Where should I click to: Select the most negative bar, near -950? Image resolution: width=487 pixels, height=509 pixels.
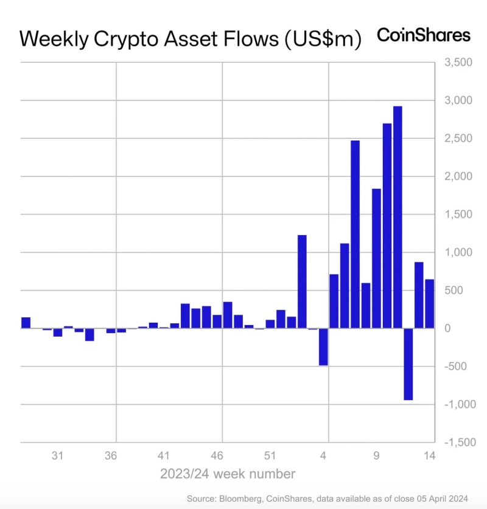408,363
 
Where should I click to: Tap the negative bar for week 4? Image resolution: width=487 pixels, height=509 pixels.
323,346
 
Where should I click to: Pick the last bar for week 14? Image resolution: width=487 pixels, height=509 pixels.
429,304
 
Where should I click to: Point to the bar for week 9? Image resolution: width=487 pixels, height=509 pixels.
376,258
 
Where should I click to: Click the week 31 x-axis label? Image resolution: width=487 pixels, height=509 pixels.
58,455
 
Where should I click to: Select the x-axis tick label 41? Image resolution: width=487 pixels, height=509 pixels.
164,455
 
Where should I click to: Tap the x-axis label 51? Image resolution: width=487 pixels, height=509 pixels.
270,455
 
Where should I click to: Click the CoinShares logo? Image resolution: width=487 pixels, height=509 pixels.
424,35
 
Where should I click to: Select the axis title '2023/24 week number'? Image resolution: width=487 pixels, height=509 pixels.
228,474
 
